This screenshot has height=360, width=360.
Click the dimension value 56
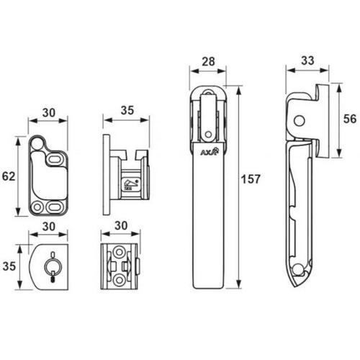350,120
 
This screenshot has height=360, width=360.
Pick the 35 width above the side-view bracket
126,110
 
